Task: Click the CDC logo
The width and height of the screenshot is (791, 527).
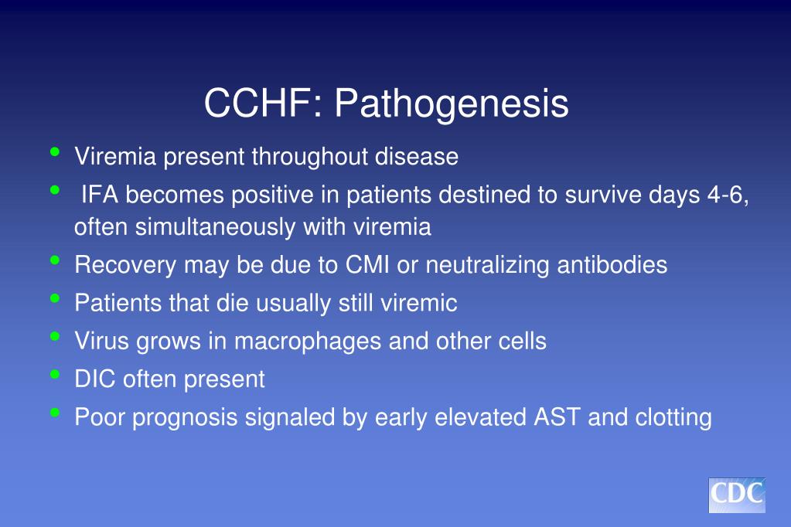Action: [736, 495]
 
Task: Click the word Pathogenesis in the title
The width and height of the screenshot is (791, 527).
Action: [452, 104]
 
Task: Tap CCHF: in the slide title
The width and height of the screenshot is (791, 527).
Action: [264, 104]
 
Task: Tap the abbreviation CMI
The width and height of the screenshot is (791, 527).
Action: [367, 265]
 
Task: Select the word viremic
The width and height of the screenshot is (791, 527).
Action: [419, 303]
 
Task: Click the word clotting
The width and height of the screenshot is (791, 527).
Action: [673, 417]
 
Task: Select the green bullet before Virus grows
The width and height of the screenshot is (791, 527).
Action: [55, 337]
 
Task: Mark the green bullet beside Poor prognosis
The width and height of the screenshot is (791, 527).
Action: [55, 413]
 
